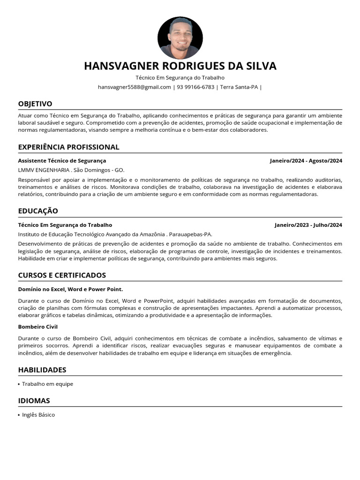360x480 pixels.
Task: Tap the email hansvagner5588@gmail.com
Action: pos(135,87)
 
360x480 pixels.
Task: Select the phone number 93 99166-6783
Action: pos(195,87)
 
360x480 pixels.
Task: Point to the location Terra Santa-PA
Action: pos(239,87)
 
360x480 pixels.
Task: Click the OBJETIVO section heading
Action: pos(35,104)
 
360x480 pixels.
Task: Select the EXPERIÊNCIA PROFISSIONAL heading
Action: pos(69,147)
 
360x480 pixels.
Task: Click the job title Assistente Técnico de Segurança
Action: pos(62,161)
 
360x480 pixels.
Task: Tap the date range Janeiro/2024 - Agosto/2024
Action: pos(306,161)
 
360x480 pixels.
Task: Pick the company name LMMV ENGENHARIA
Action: pos(44,170)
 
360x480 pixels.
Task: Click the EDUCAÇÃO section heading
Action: pos(38,211)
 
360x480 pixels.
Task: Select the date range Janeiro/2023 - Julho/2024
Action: pos(308,225)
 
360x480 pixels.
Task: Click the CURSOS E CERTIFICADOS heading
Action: pos(62,275)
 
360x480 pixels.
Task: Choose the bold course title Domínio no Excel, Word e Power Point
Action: pos(70,289)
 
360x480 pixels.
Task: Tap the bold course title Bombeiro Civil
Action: pos(37,327)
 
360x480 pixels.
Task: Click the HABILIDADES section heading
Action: pos(42,370)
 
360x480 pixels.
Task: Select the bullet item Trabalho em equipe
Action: pos(48,384)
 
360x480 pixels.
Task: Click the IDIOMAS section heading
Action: pos(34,401)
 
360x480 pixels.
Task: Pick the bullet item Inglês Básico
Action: pos(38,415)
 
